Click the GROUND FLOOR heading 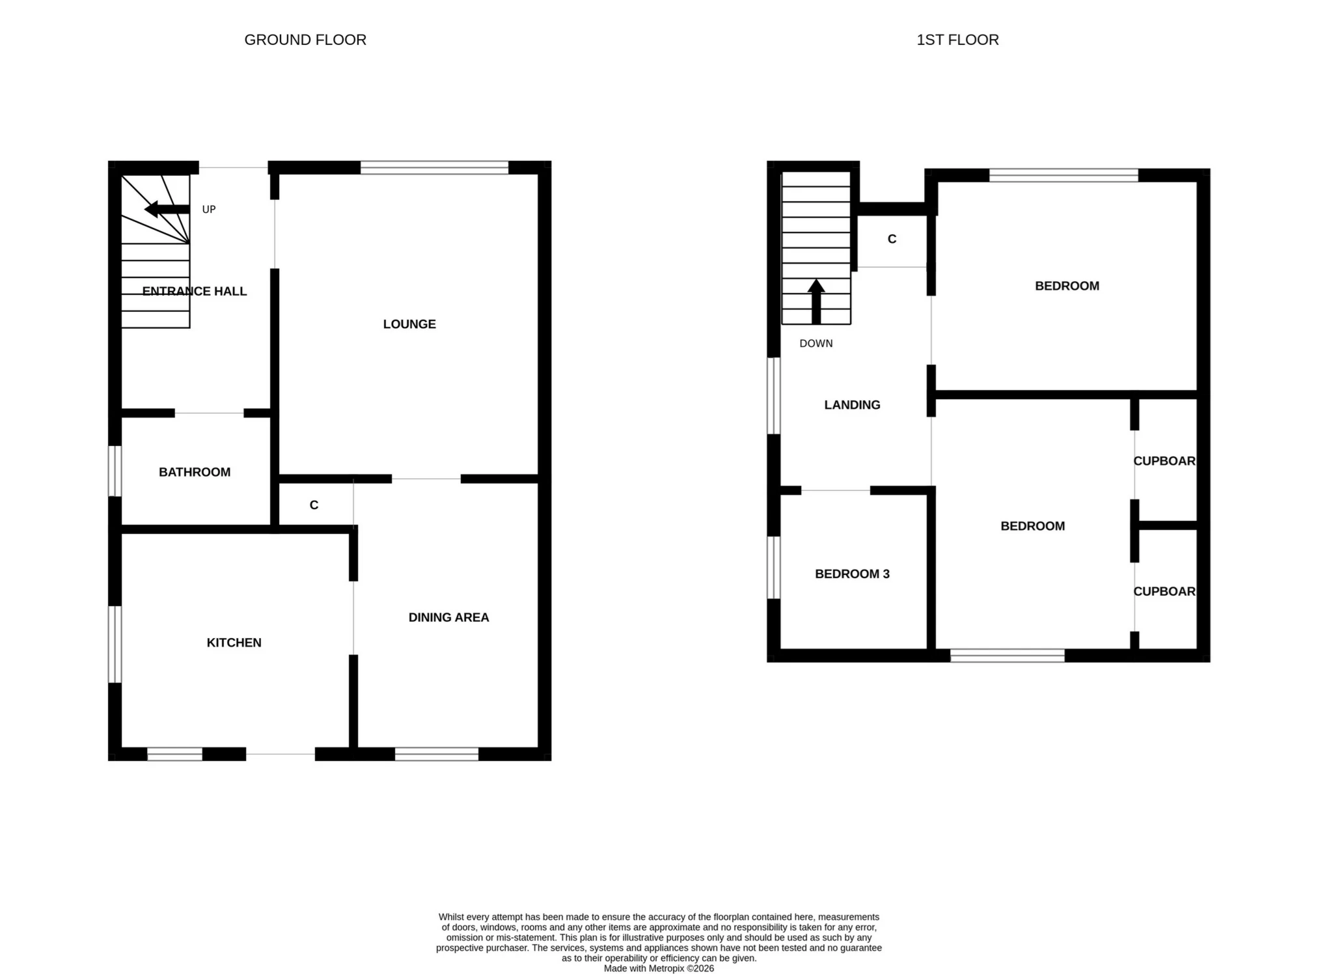click(x=305, y=40)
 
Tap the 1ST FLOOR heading click(x=957, y=40)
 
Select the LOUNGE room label click(x=409, y=324)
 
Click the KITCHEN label click(x=234, y=642)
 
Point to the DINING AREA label click(x=448, y=617)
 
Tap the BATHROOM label click(x=194, y=472)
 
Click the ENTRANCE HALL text click(x=194, y=291)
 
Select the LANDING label click(x=852, y=404)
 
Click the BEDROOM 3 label click(x=852, y=574)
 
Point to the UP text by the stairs click(x=208, y=209)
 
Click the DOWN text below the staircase click(x=816, y=343)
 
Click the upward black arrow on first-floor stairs click(x=816, y=301)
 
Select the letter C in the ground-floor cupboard click(x=314, y=505)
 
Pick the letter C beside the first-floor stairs click(x=892, y=239)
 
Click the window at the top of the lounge click(x=434, y=167)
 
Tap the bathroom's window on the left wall click(x=115, y=471)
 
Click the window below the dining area click(x=436, y=754)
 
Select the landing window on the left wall click(x=773, y=395)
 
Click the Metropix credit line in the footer click(x=659, y=968)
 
